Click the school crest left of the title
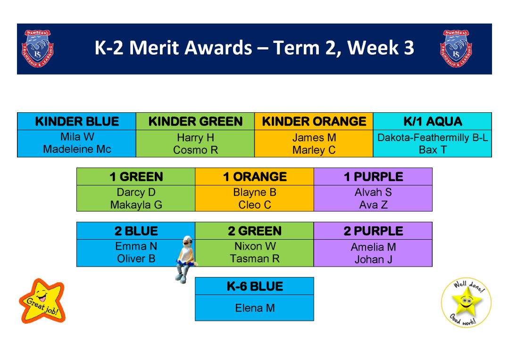(37, 49)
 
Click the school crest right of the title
(456, 49)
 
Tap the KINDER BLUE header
(77, 121)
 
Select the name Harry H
(195, 138)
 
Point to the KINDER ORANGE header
(314, 121)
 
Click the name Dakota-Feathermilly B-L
(433, 138)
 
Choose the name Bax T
(433, 150)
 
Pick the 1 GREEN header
(136, 177)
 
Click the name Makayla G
(136, 205)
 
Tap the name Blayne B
(255, 192)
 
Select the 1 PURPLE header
(373, 177)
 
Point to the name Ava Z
(373, 205)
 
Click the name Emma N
(136, 246)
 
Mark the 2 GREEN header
(255, 231)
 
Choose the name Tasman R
(255, 259)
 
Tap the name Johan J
(373, 260)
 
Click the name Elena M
(255, 308)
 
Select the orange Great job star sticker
(42, 301)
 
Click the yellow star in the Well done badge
(467, 301)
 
